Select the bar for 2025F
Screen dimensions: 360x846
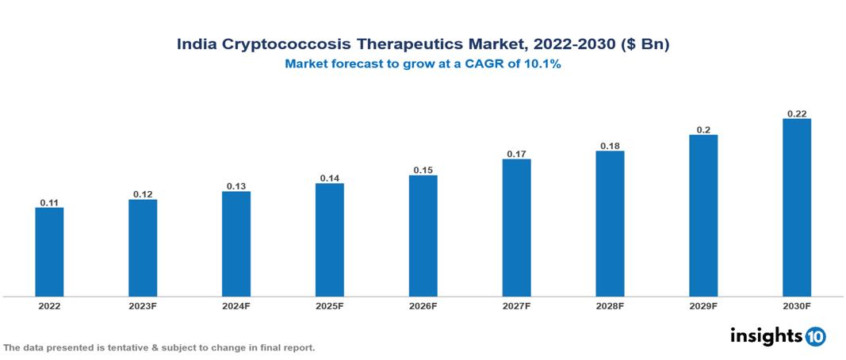(329, 239)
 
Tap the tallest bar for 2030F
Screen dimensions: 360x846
(796, 208)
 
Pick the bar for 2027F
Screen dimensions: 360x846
(516, 228)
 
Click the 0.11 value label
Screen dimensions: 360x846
(49, 203)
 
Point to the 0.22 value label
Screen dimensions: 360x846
(796, 113)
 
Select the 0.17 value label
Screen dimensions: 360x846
(516, 154)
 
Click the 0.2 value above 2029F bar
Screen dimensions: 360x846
(703, 129)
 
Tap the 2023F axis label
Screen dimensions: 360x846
(143, 305)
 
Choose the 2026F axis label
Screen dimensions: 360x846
(423, 305)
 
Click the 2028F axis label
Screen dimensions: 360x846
(610, 305)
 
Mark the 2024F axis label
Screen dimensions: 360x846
(236, 305)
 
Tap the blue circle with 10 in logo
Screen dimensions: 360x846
(815, 337)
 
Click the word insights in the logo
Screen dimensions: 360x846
(765, 336)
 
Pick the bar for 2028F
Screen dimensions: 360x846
(610, 224)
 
